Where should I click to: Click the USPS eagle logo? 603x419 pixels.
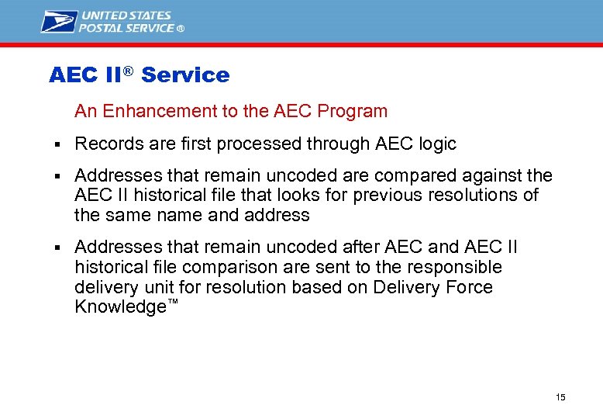60,21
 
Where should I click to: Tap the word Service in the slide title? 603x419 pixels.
185,75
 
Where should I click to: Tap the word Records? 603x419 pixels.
106,144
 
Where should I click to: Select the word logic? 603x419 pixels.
436,144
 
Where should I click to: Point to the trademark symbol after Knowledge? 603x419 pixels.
173,302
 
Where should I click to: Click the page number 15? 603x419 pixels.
560,397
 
